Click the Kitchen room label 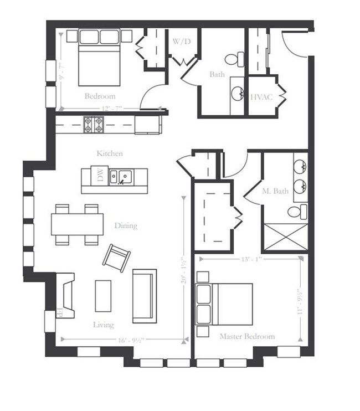coord(109,153)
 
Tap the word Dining coord(126,225)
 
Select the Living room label coord(103,325)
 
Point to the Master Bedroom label coord(246,336)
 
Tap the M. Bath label coord(275,192)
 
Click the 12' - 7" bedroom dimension coord(111,108)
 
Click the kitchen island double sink coord(120,177)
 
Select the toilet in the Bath coord(234,58)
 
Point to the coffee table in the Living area coord(104,295)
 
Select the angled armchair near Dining coord(117,256)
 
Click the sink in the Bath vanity coord(238,93)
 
